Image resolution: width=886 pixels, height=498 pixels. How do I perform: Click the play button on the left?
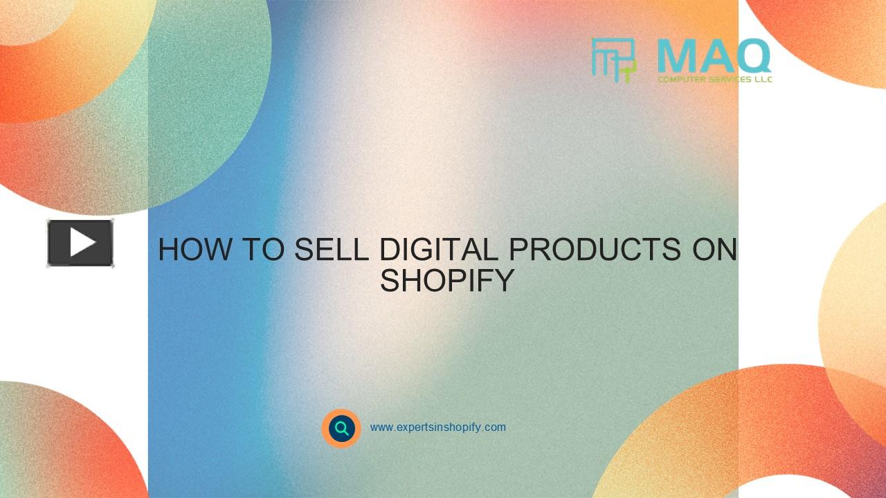80,243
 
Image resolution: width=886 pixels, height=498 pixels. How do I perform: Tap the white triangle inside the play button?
82,243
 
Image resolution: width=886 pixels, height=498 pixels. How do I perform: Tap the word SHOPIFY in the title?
447,281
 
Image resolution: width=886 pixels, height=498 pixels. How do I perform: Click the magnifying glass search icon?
341,428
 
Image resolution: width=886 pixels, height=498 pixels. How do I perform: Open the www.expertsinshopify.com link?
437,427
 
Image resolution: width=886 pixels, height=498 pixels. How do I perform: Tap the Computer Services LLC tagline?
714,80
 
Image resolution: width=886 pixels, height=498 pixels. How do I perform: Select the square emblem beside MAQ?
613,59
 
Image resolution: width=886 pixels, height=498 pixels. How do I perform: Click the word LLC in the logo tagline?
761,80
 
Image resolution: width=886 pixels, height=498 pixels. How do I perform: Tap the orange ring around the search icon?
327,418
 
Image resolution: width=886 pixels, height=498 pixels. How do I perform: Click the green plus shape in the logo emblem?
629,69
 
